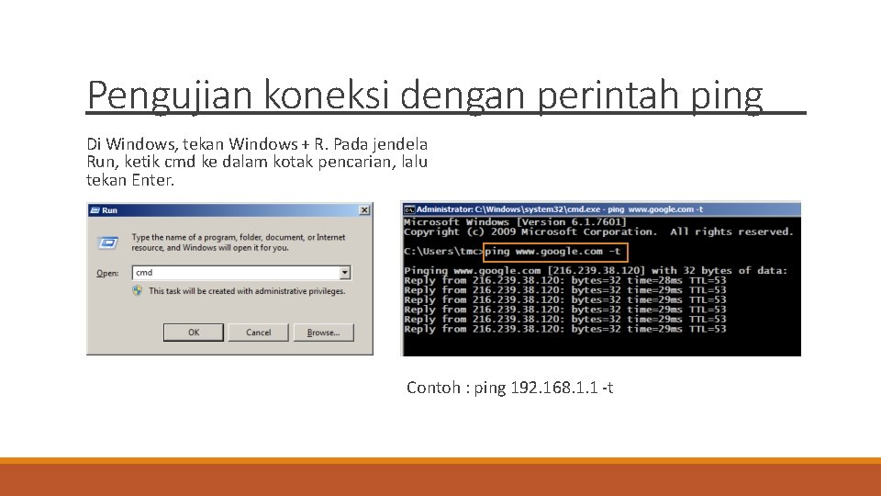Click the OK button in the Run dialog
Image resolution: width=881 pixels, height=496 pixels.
(x=194, y=333)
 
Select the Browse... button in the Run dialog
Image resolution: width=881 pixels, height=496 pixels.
(x=323, y=333)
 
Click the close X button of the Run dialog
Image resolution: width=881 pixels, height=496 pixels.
(x=364, y=210)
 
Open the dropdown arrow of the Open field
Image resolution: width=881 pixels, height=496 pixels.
(x=345, y=273)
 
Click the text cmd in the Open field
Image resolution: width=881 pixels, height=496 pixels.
(x=144, y=273)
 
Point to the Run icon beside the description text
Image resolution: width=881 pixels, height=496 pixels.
(x=108, y=242)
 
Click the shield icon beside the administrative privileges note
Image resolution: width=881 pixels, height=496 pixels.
(x=138, y=291)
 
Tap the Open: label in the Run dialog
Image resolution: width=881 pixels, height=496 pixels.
(x=107, y=274)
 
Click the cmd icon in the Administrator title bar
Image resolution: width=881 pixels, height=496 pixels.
(x=409, y=210)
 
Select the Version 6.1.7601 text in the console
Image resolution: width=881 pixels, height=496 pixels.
(x=572, y=222)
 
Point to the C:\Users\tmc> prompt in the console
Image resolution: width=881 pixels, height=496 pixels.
(x=443, y=252)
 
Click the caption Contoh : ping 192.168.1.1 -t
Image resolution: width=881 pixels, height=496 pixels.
(x=510, y=388)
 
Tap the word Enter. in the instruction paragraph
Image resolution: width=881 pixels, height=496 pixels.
(x=153, y=180)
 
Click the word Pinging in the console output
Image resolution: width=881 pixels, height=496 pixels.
(x=426, y=271)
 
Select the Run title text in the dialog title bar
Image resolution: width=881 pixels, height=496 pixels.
(x=110, y=210)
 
